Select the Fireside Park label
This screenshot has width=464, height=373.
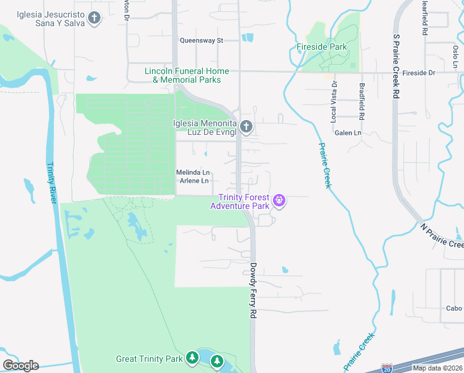pyautogui.click(x=322, y=47)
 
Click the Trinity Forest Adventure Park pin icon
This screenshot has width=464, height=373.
pyautogui.click(x=280, y=200)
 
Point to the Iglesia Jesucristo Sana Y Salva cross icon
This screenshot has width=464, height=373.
pyautogui.click(x=94, y=18)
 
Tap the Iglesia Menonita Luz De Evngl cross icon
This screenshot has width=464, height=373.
pyautogui.click(x=246, y=127)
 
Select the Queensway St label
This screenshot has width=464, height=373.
pyautogui.click(x=201, y=40)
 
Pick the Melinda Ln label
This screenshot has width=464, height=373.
pyautogui.click(x=194, y=172)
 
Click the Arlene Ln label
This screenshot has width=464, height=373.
pyautogui.click(x=194, y=181)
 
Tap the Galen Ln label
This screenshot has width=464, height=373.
pyautogui.click(x=347, y=133)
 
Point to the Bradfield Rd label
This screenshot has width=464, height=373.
pyautogui.click(x=361, y=100)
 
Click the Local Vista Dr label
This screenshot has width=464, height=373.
pyautogui.click(x=334, y=100)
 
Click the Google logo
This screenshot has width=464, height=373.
pyautogui.click(x=20, y=366)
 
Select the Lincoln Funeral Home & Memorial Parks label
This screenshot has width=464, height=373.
pyautogui.click(x=187, y=75)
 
